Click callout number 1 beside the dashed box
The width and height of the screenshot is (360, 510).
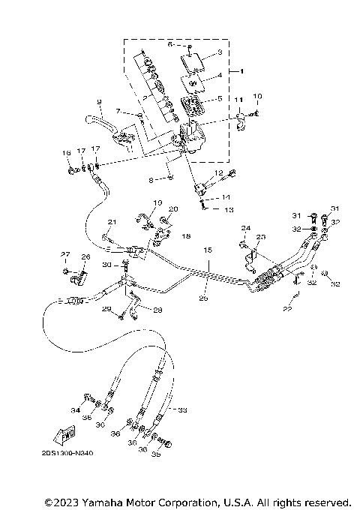[241, 71]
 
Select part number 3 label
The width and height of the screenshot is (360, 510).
[220, 52]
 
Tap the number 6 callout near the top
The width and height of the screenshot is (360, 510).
[170, 45]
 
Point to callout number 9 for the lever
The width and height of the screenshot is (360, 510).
[98, 101]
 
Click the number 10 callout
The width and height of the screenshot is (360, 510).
[257, 97]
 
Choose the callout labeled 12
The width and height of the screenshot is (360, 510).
[218, 173]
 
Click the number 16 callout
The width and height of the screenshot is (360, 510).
[66, 153]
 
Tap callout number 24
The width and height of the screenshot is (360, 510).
[244, 228]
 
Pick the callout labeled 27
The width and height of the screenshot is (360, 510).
[65, 254]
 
